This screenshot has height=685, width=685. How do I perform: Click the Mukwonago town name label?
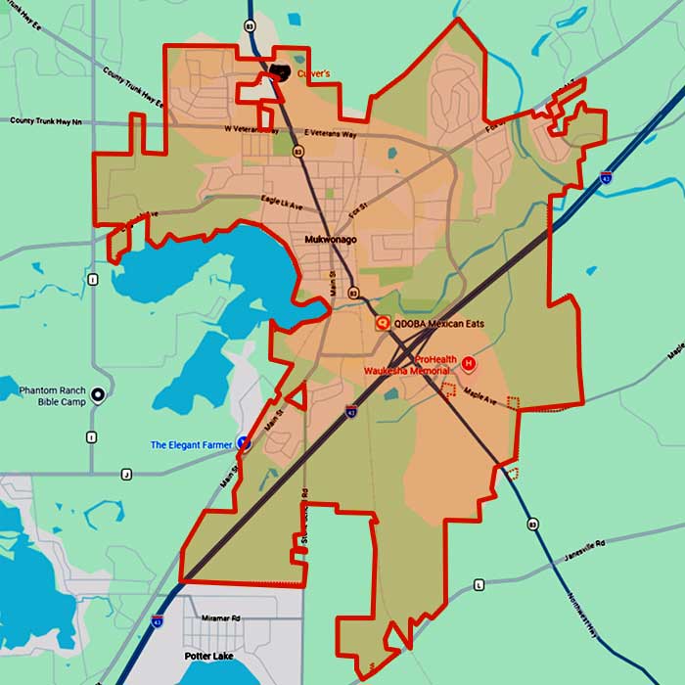coord(329,240)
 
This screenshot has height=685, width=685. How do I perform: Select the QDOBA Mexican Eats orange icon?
coord(383,323)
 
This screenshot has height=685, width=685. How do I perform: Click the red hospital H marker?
coord(468,364)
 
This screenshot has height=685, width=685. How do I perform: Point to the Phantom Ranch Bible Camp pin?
coord(98,396)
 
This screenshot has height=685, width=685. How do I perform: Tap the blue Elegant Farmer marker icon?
coord(244,443)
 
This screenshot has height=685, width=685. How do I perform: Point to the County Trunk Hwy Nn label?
coord(46,121)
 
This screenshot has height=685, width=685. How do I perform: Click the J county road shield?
coord(126,475)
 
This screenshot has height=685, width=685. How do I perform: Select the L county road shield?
coord(479,584)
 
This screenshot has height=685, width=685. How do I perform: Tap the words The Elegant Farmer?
coord(191,445)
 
